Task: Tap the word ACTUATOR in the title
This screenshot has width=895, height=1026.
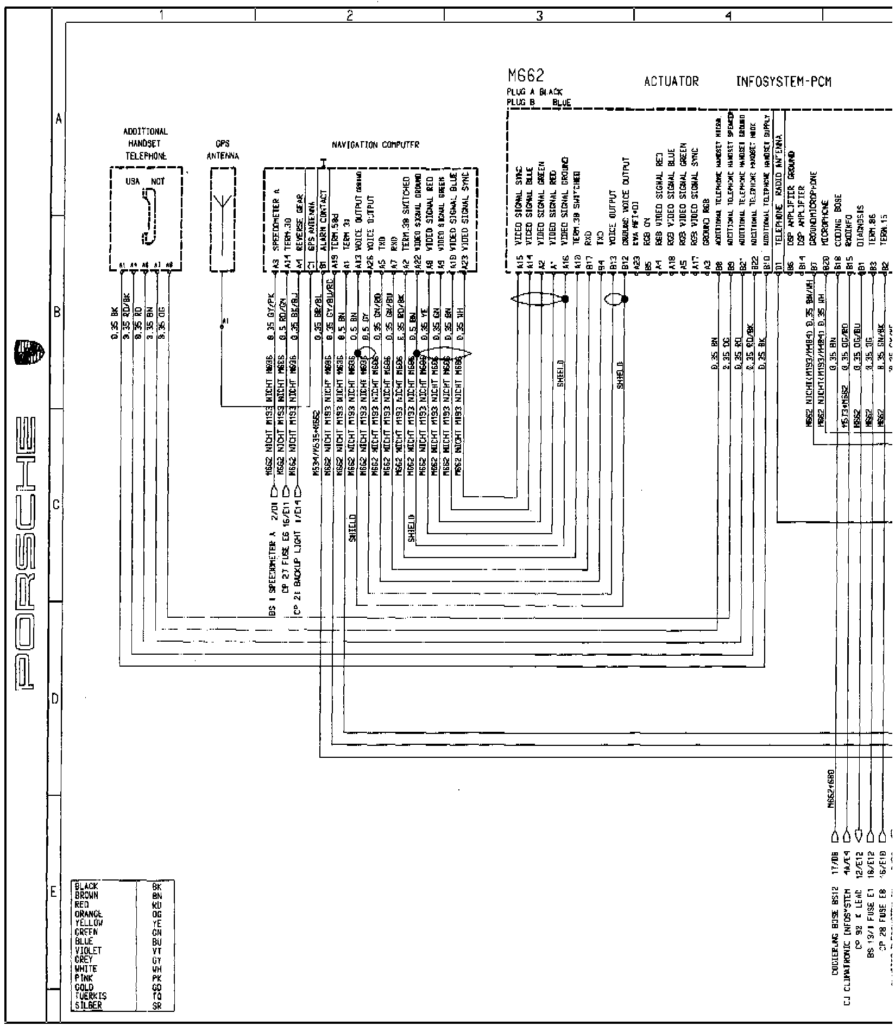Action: [x=671, y=82]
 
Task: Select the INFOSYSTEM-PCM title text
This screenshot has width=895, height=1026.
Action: [x=784, y=82]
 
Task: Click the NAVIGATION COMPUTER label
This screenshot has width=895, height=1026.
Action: [x=375, y=145]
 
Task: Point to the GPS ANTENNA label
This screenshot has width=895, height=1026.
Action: [x=223, y=150]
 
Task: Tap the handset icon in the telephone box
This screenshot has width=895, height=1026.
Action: [x=147, y=216]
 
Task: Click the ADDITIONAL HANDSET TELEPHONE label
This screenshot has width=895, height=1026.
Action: [x=146, y=144]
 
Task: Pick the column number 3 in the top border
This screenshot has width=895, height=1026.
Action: [x=539, y=16]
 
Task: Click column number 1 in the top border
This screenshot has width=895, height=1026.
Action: [x=161, y=16]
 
